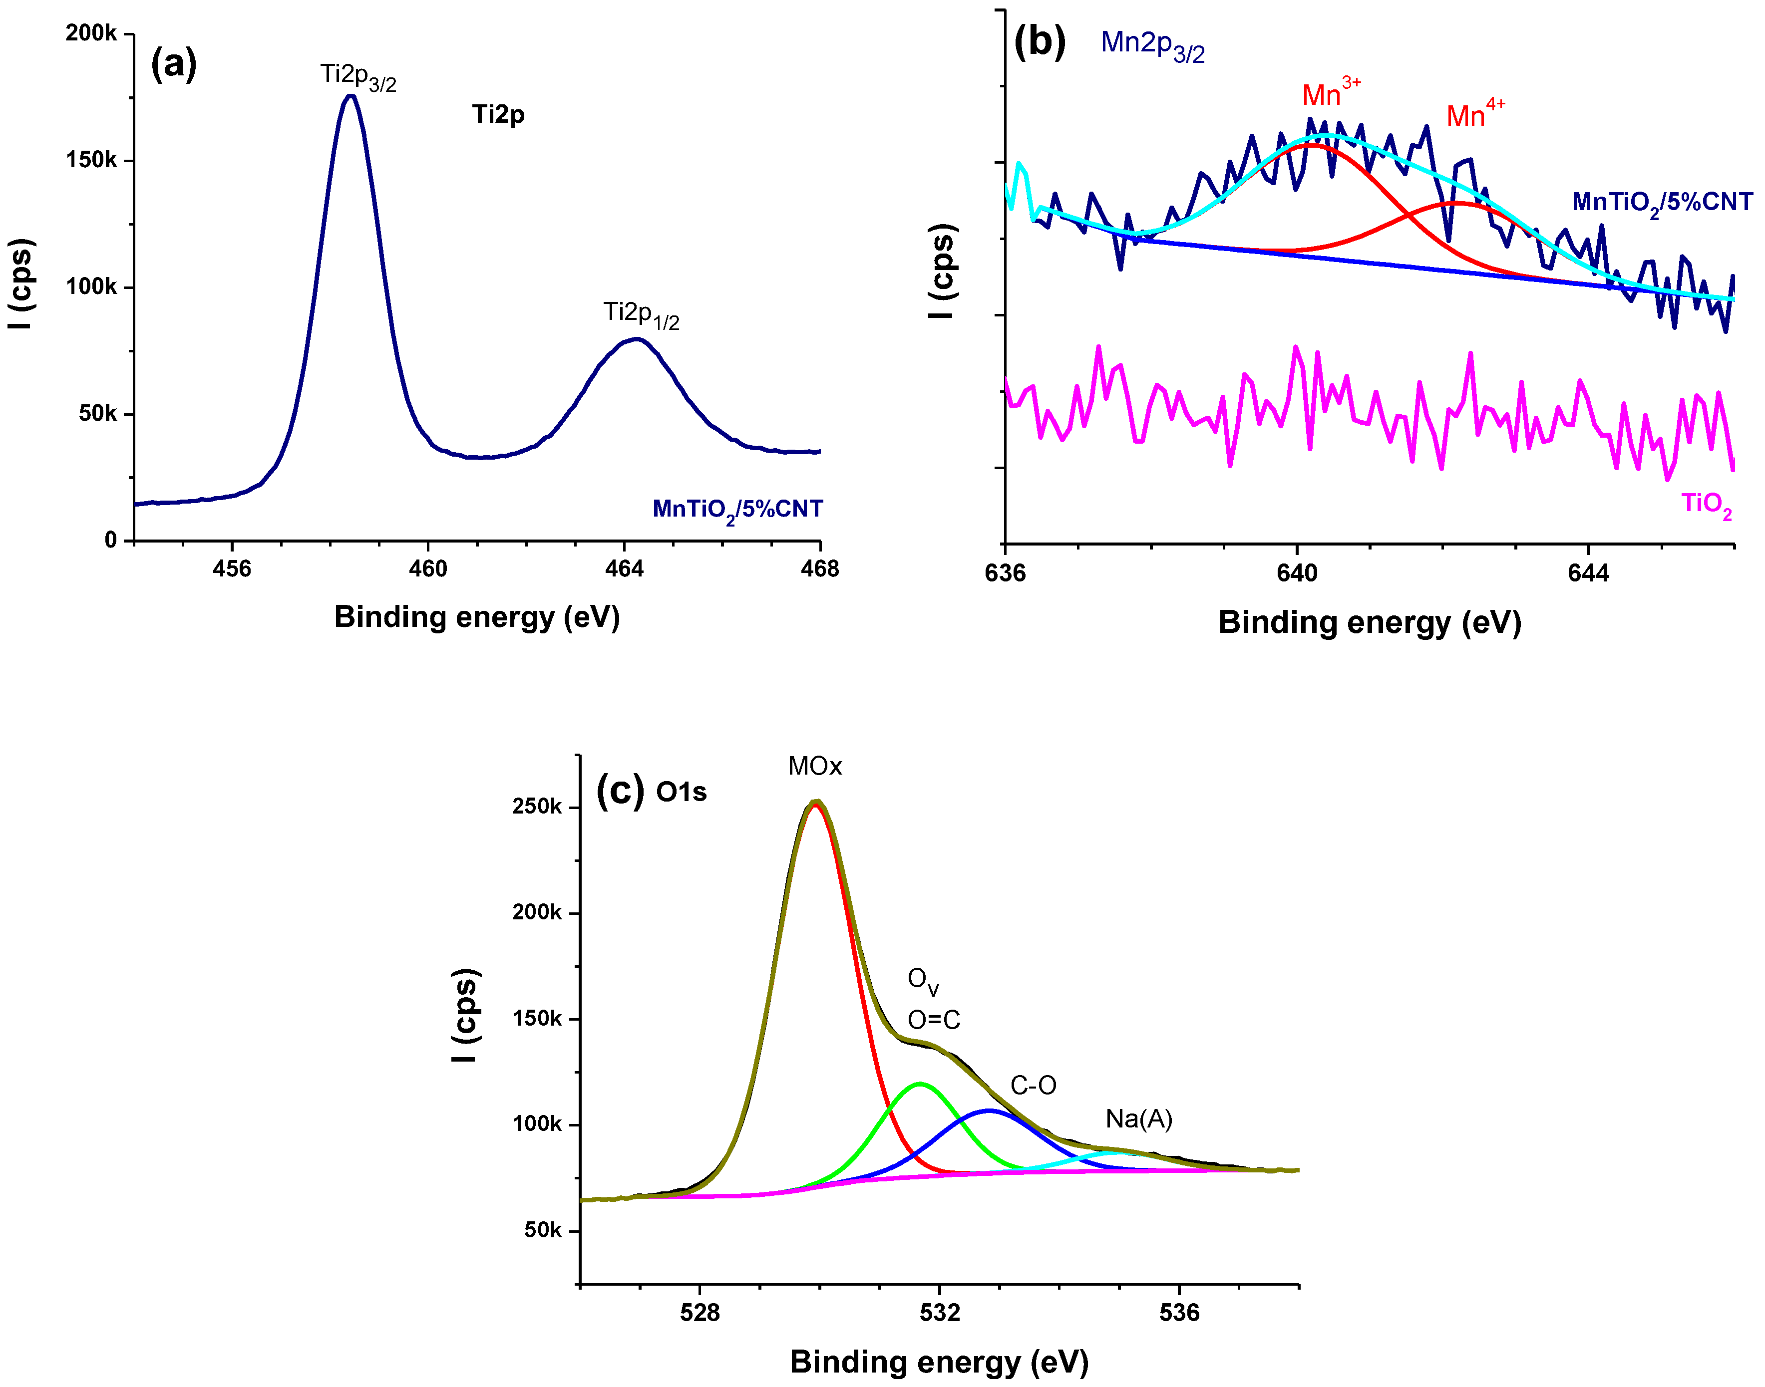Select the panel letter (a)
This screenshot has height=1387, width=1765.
[174, 63]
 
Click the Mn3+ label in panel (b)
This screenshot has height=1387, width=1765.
[1331, 92]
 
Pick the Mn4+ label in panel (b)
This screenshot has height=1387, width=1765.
[1475, 114]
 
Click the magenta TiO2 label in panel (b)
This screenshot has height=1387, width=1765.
[1707, 505]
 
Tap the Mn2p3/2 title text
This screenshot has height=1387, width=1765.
[1152, 44]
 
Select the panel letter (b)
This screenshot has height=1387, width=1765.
[1040, 42]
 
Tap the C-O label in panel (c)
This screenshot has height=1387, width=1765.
[1033, 1086]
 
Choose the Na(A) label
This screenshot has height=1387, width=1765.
[1139, 1120]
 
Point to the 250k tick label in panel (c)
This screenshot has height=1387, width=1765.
[536, 807]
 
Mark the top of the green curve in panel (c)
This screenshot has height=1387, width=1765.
[920, 1084]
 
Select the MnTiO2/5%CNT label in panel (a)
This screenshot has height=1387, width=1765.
[737, 510]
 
